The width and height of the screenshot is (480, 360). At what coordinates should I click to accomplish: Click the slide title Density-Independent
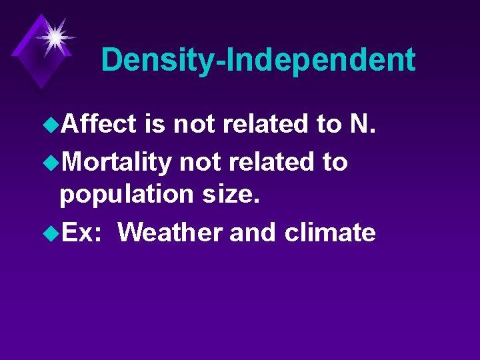click(x=258, y=60)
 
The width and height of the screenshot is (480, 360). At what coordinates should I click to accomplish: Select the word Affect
click(x=99, y=123)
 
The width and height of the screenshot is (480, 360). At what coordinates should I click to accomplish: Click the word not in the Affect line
click(x=195, y=123)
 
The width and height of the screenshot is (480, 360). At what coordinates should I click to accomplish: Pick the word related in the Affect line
click(x=267, y=123)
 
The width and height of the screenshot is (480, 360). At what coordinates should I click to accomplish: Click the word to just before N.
click(x=327, y=123)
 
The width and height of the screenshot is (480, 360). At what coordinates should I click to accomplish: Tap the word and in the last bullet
click(x=253, y=233)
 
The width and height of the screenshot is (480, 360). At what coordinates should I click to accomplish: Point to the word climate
click(x=329, y=233)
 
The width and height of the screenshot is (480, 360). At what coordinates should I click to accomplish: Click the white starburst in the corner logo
click(x=53, y=35)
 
